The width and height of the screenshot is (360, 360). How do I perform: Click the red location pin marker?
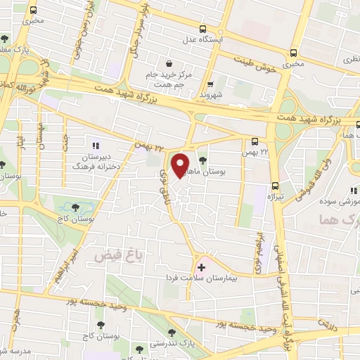click(x=181, y=165)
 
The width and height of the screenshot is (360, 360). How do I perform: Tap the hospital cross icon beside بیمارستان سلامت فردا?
click(x=202, y=266)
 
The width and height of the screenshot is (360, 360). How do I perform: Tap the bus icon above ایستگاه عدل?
click(x=203, y=29)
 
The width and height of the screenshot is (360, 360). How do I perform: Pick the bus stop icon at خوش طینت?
click(x=292, y=52)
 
